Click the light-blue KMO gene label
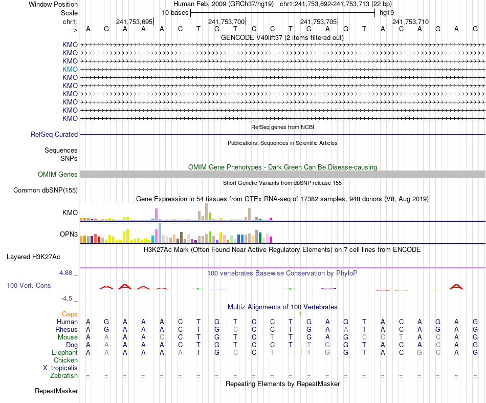point(70,69)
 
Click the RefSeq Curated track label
point(54,134)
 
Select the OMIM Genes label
point(58,175)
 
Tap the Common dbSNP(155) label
point(45,190)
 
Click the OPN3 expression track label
point(69,235)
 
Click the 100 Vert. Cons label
point(29,285)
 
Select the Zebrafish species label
point(64,376)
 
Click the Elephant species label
point(64,353)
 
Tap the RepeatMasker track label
point(56,391)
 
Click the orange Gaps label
point(70,314)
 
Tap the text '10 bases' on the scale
point(175,12)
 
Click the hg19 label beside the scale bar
point(386,12)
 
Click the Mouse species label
point(68,337)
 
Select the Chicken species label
point(65,360)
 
